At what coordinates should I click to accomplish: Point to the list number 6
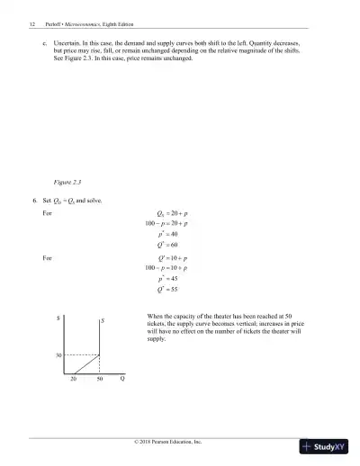[x=33, y=200]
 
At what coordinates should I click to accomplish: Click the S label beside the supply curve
[x=103, y=321]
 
